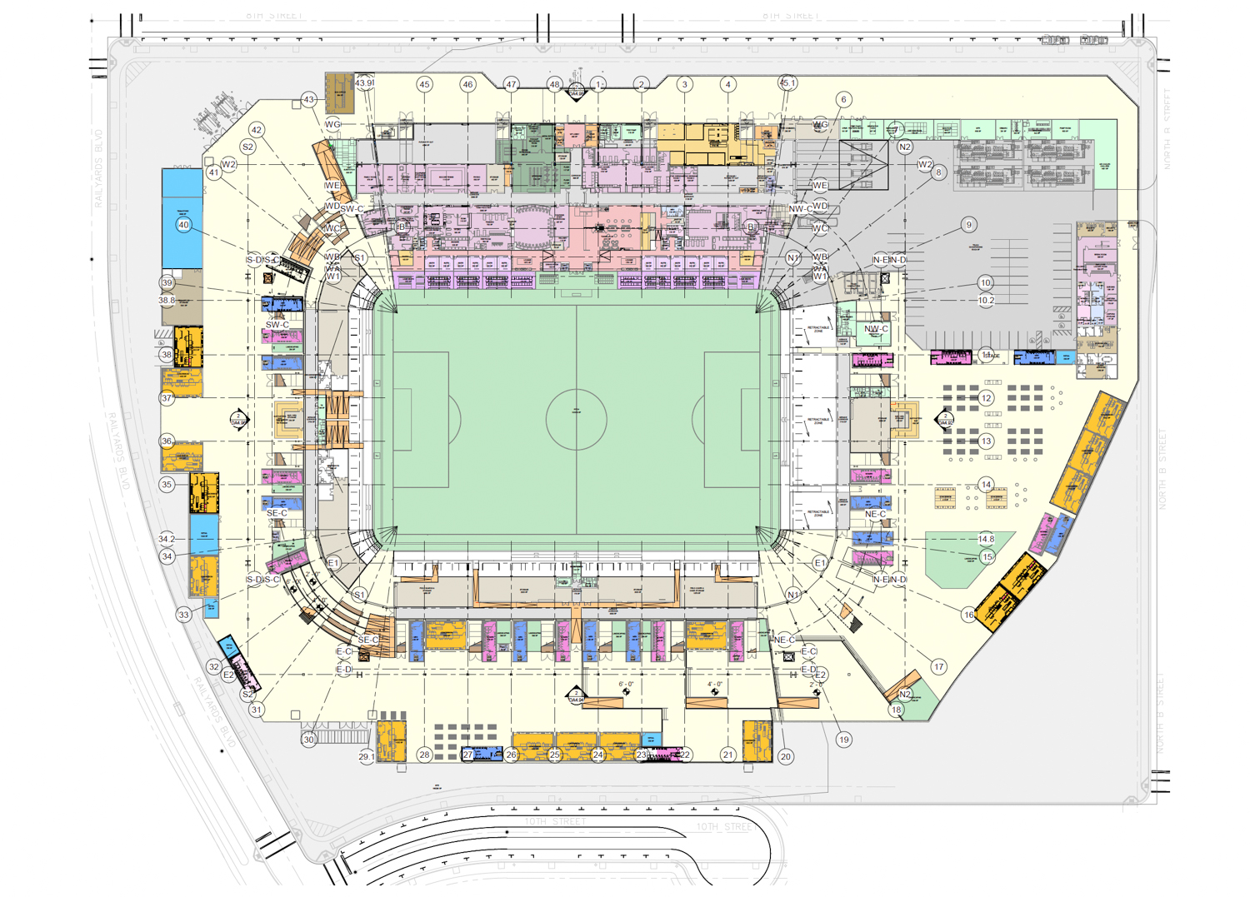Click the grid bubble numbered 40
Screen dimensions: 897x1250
[183, 225]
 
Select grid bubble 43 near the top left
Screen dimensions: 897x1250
[309, 100]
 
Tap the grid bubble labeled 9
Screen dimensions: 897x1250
[968, 225]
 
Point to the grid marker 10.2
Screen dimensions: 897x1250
[986, 300]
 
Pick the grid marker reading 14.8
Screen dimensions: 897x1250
[986, 539]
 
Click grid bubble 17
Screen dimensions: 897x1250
[939, 666]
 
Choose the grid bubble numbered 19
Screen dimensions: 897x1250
[844, 740]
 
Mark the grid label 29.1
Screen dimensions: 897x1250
[367, 756]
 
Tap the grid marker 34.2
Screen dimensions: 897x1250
[167, 539]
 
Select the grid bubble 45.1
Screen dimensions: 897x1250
[787, 83]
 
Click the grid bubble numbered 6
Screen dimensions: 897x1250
[843, 100]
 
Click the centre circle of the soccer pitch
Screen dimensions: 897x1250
[576, 420]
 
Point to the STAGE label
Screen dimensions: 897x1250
[991, 356]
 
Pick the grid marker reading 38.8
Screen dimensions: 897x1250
[167, 300]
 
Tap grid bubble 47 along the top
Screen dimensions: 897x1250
[511, 84]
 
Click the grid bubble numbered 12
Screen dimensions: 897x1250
[987, 398]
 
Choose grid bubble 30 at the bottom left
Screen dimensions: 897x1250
[309, 740]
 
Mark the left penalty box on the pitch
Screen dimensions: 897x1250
[422, 420]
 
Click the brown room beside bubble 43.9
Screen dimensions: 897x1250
[338, 94]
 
